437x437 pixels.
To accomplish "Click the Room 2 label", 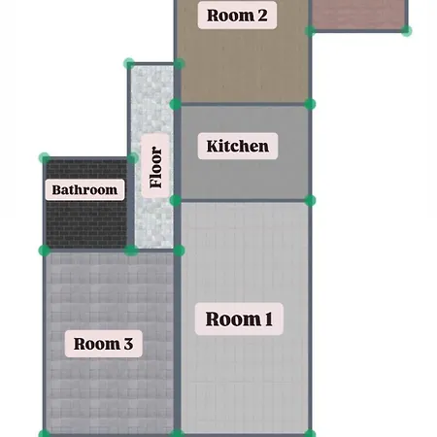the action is point(237,16).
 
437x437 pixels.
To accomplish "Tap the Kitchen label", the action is point(238,146).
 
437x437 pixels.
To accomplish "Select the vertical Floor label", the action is point(155,166).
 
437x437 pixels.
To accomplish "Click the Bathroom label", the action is point(84,189).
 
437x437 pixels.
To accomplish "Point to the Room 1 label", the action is point(239,319).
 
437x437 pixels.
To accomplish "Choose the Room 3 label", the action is point(103,344).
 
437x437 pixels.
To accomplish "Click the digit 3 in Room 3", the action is point(128,344).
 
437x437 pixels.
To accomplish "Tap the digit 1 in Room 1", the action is point(269,319).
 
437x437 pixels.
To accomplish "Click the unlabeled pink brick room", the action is point(359,14).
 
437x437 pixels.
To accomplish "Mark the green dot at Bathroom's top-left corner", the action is point(45,158).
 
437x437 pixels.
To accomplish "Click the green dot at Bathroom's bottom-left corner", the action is point(45,251).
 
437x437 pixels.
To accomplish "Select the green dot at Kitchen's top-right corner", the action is point(310,104).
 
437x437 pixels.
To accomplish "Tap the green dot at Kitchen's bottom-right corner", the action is point(310,201).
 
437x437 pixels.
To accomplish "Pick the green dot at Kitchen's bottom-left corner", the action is point(176,201).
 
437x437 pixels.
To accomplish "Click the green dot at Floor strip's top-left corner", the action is point(129,63).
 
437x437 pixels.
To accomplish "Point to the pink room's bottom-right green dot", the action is point(406,31).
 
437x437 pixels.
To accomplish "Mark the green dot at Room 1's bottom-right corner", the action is point(310,433).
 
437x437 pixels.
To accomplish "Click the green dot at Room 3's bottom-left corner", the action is point(45,434).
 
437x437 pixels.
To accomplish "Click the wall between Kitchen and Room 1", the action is point(243,201).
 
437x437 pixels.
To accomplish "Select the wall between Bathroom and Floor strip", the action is point(131,205).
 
